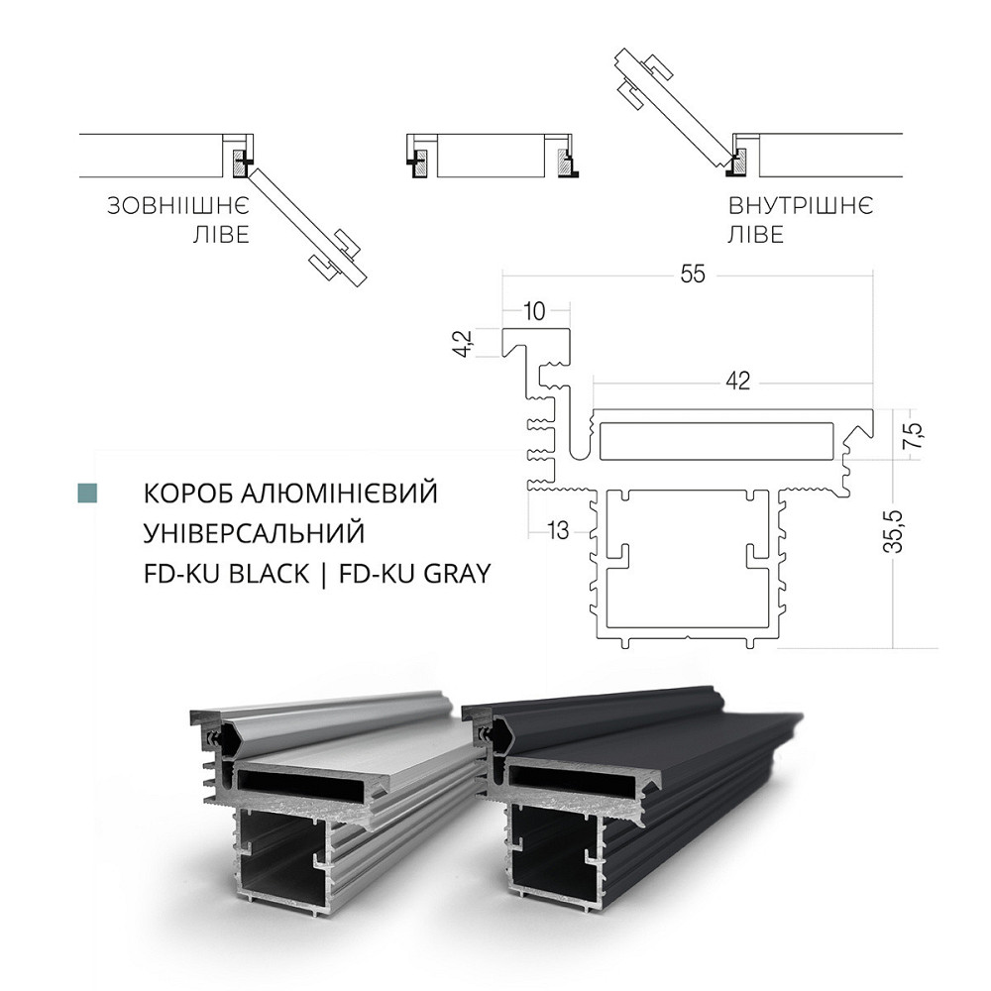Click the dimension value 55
(x=693, y=275)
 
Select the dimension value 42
(x=738, y=382)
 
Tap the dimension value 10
(x=535, y=311)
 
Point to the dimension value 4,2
(x=463, y=344)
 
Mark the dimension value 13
(x=558, y=530)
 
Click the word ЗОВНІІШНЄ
(x=178, y=206)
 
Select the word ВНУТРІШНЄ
(x=801, y=206)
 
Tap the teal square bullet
(x=86, y=493)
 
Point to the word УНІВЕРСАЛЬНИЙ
(x=254, y=533)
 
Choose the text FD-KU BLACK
(x=226, y=573)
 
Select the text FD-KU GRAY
(x=415, y=573)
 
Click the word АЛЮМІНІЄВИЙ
(x=339, y=493)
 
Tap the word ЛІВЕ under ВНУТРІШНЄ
(x=756, y=235)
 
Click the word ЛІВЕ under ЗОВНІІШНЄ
(x=221, y=235)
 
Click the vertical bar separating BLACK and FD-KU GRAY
(x=324, y=574)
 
